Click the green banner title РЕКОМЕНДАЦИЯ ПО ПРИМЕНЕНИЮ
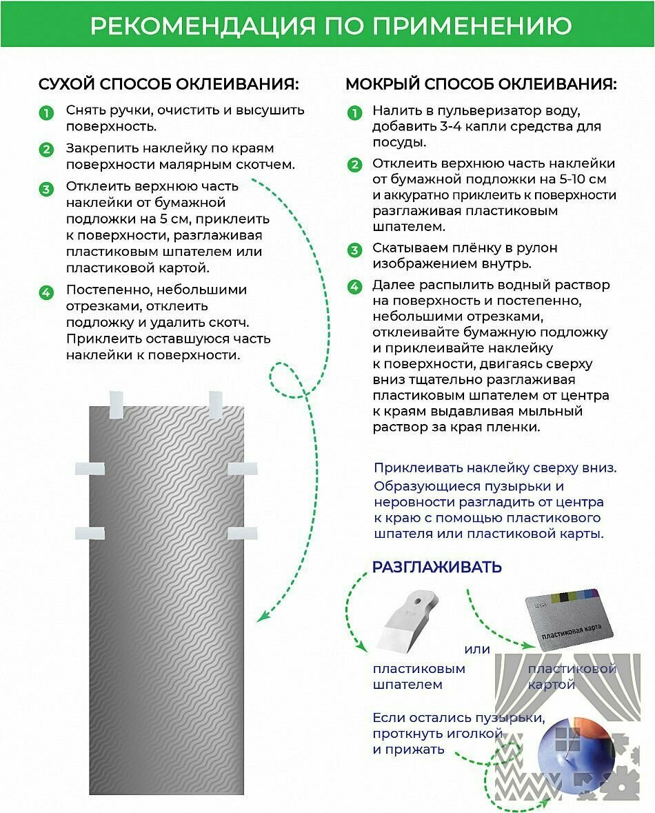(x=330, y=25)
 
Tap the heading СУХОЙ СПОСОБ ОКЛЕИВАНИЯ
(x=168, y=84)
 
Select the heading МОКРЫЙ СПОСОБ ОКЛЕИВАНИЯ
(x=481, y=84)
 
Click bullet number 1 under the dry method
(x=46, y=113)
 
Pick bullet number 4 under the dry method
(x=46, y=292)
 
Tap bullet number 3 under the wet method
(x=354, y=250)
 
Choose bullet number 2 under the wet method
(x=354, y=165)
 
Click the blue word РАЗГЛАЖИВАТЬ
(x=437, y=567)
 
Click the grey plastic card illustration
(x=568, y=616)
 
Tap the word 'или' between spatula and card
(x=477, y=649)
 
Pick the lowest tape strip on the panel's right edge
(x=242, y=532)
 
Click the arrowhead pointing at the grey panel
(x=261, y=616)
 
